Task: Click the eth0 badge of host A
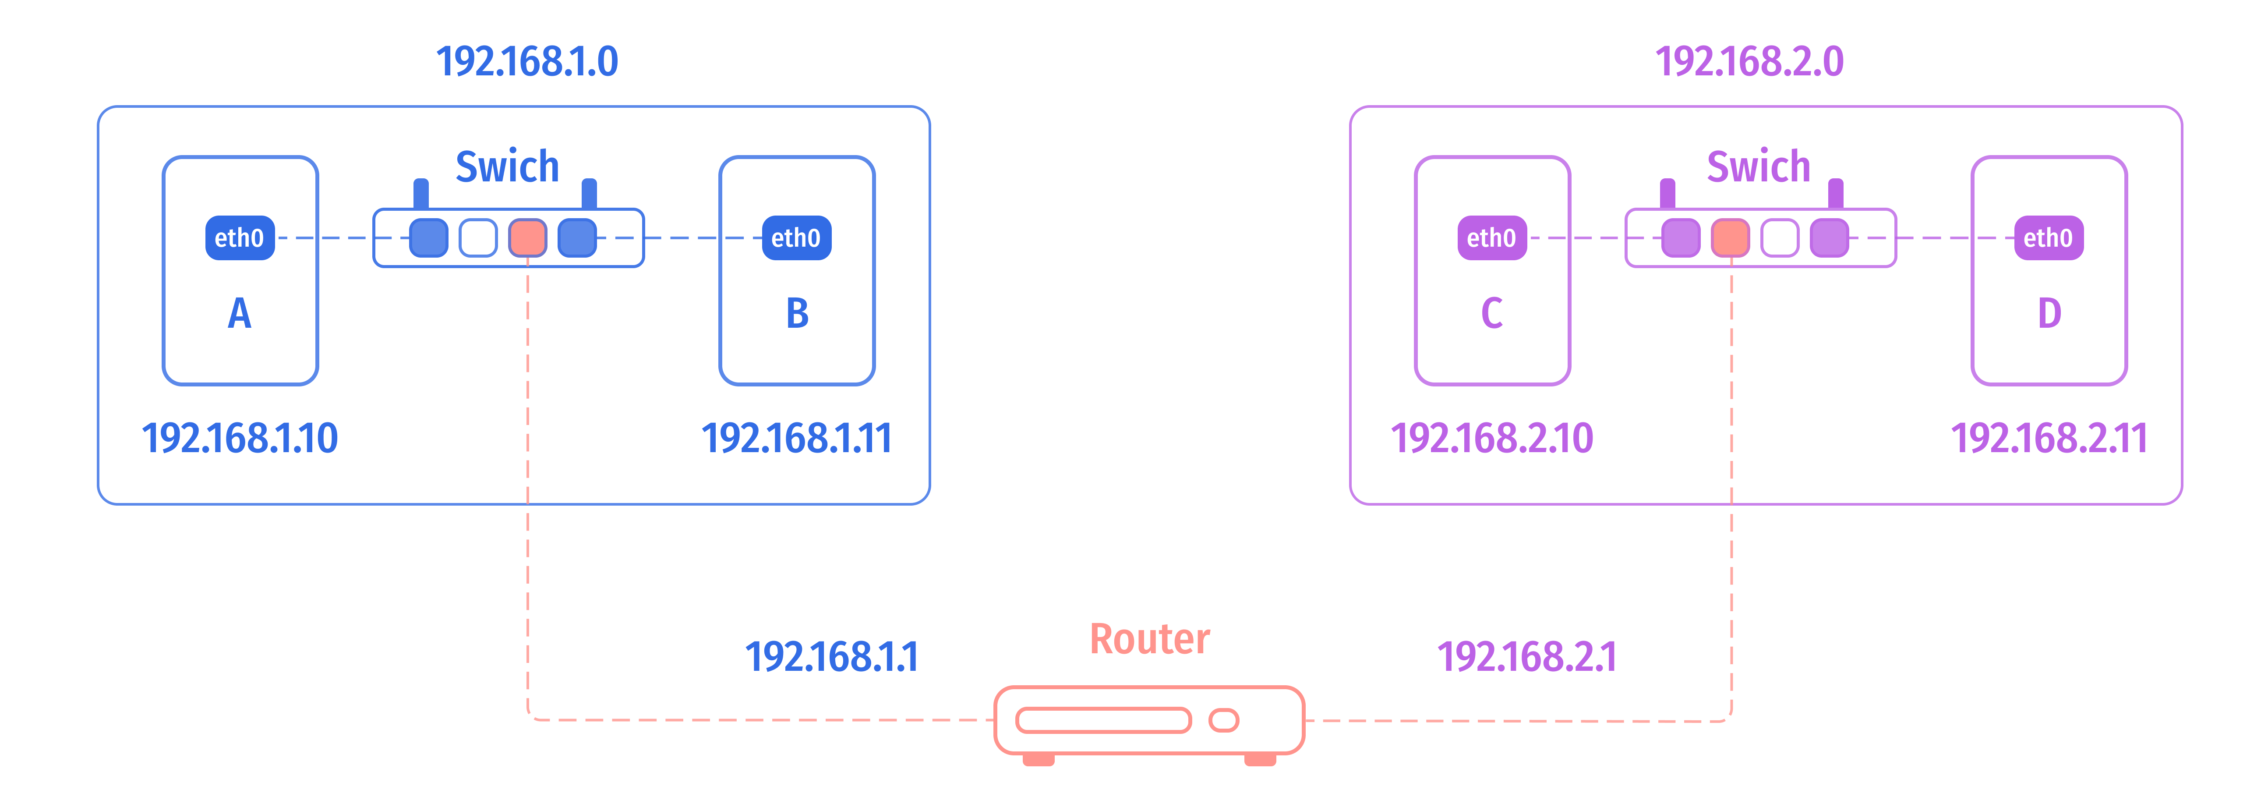[240, 238]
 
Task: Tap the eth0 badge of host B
[796, 238]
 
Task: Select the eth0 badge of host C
[1491, 238]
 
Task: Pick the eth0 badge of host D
[2048, 238]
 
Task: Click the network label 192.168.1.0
[527, 62]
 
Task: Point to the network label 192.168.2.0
[1749, 62]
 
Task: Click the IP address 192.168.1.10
[240, 438]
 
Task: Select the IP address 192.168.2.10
[1491, 438]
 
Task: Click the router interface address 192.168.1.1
[831, 656]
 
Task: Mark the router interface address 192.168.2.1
[1527, 656]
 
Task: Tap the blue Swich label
[507, 166]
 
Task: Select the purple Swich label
[1758, 166]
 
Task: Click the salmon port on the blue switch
[527, 238]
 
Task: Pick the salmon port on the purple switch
[1730, 238]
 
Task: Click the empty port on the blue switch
[478, 238]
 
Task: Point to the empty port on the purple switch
[1779, 238]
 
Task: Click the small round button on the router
[1224, 720]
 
